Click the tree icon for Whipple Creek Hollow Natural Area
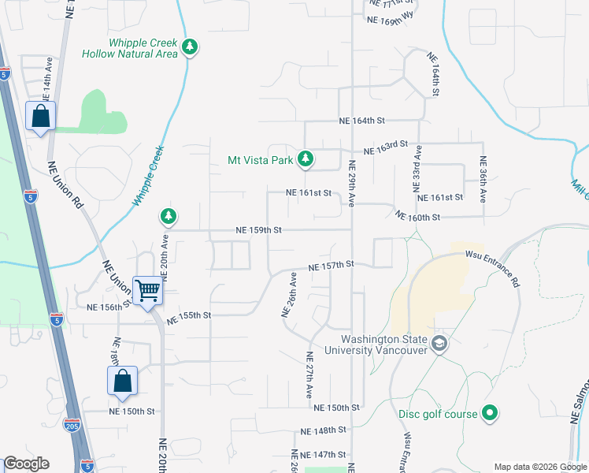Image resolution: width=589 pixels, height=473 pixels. [x=189, y=47]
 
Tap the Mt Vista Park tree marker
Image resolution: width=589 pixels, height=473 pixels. [x=306, y=160]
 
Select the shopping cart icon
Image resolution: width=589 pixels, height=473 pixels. [x=148, y=290]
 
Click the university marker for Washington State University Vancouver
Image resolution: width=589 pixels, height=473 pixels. [x=439, y=343]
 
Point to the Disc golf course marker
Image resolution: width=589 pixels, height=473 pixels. [x=489, y=413]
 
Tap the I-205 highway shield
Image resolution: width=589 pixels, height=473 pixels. [x=72, y=425]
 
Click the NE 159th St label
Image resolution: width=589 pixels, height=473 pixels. [x=258, y=230]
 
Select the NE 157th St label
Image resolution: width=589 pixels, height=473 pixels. [x=332, y=266]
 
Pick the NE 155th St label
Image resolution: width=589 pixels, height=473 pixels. [x=188, y=315]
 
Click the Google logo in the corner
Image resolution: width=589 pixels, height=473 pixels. [x=27, y=464]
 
